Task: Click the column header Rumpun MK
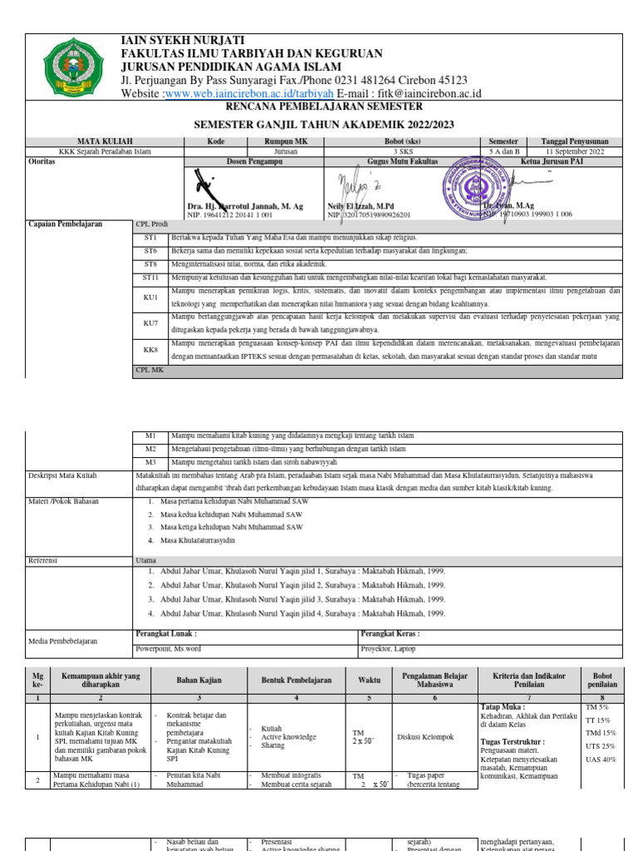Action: [x=286, y=141]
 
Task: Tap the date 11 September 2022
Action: [x=574, y=151]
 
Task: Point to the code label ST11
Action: [x=150, y=277]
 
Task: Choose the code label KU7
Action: [x=150, y=322]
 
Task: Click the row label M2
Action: [x=150, y=449]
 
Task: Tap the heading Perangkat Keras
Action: [x=390, y=633]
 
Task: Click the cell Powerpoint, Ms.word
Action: [x=169, y=648]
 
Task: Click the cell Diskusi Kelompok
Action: [x=425, y=736]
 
